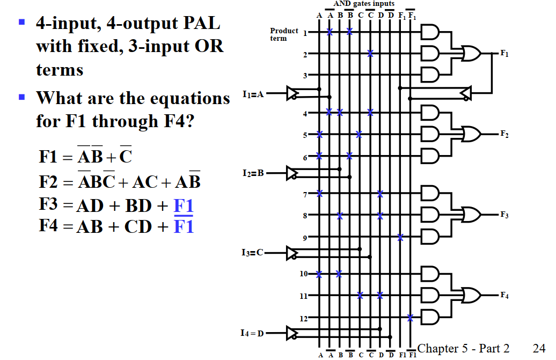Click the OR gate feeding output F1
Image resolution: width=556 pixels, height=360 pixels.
pos(471,53)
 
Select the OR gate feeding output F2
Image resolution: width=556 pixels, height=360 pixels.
pos(471,134)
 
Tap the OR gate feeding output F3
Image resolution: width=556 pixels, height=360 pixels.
pos(471,215)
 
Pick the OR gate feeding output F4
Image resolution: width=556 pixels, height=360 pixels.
pos(471,295)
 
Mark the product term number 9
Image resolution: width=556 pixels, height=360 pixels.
pos(305,237)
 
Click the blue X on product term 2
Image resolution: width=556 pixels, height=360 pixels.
pos(370,53)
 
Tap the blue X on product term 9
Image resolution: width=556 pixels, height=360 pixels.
pos(400,237)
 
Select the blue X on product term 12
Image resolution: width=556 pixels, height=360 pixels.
pos(411,318)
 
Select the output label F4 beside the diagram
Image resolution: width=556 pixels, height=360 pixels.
pos(504,295)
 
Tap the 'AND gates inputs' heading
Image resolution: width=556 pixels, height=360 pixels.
pos(364,4)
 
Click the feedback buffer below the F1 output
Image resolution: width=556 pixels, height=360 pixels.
pos(465,93)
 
